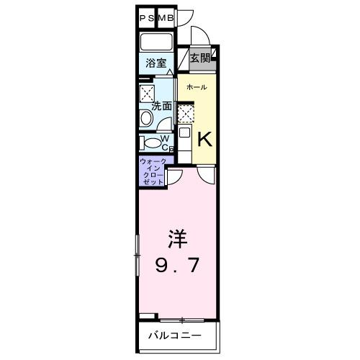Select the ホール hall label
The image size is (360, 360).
point(197,88)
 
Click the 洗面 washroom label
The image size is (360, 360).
point(162,106)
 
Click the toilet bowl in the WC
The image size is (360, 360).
point(149,142)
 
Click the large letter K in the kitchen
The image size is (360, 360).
point(204,138)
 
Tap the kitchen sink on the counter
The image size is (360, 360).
point(184,132)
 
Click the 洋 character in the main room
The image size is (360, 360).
point(178,238)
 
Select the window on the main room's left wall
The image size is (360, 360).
point(136,255)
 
